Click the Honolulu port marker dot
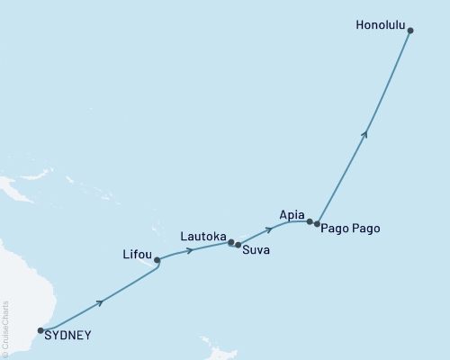coord(410,31)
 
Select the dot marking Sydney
coord(40,330)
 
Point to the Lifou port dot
coord(157,260)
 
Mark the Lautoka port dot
coord(230,241)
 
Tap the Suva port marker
coord(238,244)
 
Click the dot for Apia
coord(310,220)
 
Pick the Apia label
coord(292,216)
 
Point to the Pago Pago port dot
coord(317,223)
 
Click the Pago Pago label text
coord(350,229)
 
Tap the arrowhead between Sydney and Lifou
coord(100,301)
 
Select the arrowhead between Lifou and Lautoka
coord(189,250)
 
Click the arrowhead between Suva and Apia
coord(269,229)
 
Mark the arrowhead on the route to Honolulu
coord(364,133)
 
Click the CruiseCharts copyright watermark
coord(5,328)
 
